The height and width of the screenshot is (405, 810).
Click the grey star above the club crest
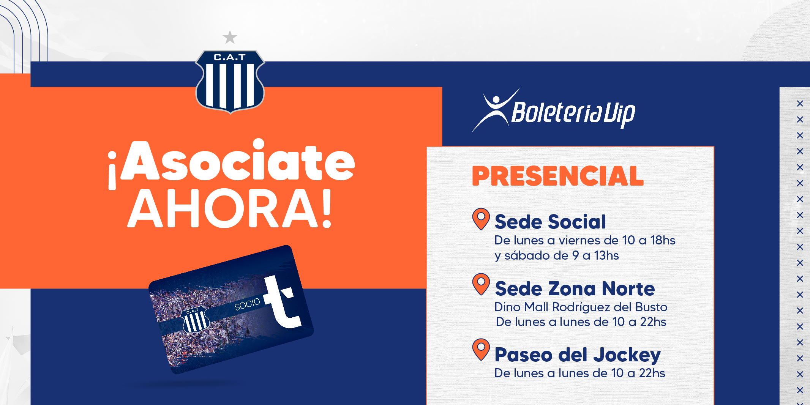[x=230, y=38]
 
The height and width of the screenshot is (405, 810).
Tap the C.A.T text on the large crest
[x=230, y=57]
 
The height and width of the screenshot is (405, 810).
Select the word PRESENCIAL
[x=558, y=176]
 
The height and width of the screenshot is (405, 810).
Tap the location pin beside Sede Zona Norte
[x=481, y=284]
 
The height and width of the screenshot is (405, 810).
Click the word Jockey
[x=627, y=356]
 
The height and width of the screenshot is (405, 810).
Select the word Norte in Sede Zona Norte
[x=628, y=289]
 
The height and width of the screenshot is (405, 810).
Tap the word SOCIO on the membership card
[x=247, y=304]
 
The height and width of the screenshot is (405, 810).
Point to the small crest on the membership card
[x=196, y=320]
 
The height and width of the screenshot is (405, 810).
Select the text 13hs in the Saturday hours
[x=606, y=255]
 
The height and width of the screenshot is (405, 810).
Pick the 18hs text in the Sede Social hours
[x=663, y=240]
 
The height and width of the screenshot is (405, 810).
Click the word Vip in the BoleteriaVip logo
[x=619, y=113]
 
